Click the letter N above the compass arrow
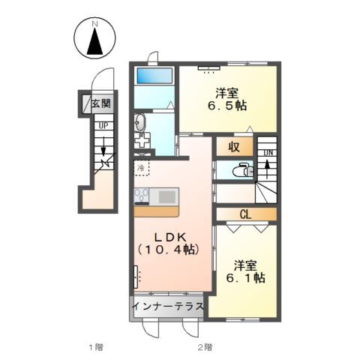coord(94,24)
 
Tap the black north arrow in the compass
coord(94,41)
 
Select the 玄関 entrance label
coord(101,103)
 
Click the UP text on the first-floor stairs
coord(103,125)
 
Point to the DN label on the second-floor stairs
coord(268,153)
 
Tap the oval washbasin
coord(139,123)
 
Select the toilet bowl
coord(241,170)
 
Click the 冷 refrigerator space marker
coord(141,167)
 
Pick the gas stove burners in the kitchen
coord(142,195)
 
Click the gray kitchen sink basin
coord(166,196)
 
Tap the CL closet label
coord(246,214)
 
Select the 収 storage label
coord(234,147)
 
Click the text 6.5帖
coord(226,106)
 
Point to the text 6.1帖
coord(245,277)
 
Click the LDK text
coord(170,237)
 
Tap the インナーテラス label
coord(168,306)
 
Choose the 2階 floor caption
coord(205,347)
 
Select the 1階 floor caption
coord(96,347)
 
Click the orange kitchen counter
coord(157,211)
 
